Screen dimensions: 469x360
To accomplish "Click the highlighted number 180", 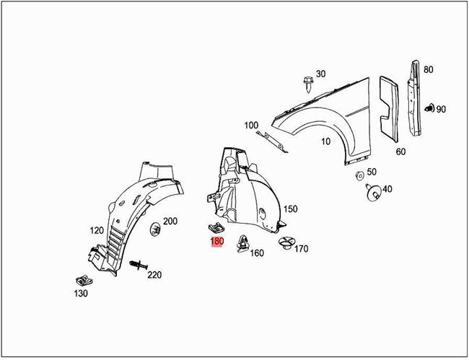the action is pyautogui.click(x=217, y=242).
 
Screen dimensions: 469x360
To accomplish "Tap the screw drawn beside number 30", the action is pyautogui.click(x=307, y=84).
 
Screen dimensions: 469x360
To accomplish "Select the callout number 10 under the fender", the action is pyautogui.click(x=325, y=141).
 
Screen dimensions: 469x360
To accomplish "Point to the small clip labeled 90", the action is pyautogui.click(x=429, y=108).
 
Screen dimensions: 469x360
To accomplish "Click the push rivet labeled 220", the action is pyautogui.click(x=139, y=265).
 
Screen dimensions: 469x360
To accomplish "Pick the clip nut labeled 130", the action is pyautogui.click(x=84, y=281).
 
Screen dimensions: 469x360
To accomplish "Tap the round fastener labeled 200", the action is pyautogui.click(x=154, y=229).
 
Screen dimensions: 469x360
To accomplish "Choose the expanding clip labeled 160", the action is pyautogui.click(x=244, y=243).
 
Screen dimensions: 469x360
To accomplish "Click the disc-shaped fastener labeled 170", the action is pyautogui.click(x=287, y=242).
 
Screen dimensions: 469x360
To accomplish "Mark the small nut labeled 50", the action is pyautogui.click(x=360, y=176).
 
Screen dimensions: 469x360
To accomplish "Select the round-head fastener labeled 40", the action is pyautogui.click(x=374, y=193).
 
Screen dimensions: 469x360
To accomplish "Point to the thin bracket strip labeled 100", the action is pyautogui.click(x=273, y=142).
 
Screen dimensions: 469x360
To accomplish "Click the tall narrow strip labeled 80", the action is pyautogui.click(x=414, y=98).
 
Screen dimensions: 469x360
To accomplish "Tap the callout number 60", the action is pyautogui.click(x=400, y=152).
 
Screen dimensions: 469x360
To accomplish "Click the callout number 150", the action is pyautogui.click(x=291, y=208).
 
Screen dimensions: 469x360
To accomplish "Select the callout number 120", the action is pyautogui.click(x=97, y=230).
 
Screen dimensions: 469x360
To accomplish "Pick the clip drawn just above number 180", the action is pyautogui.click(x=216, y=229).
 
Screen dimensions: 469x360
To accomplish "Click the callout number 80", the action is pyautogui.click(x=428, y=69).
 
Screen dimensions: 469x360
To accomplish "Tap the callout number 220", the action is pyautogui.click(x=154, y=274).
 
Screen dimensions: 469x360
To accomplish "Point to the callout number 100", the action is pyautogui.click(x=251, y=125).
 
